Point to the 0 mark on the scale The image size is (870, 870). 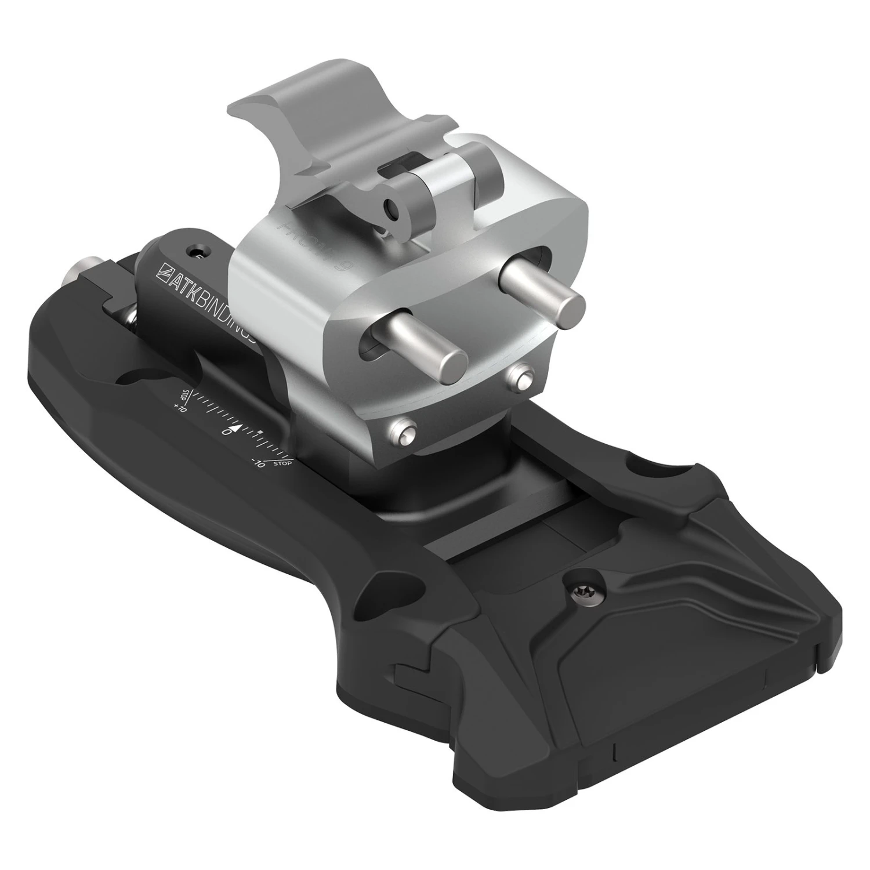[226, 432]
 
